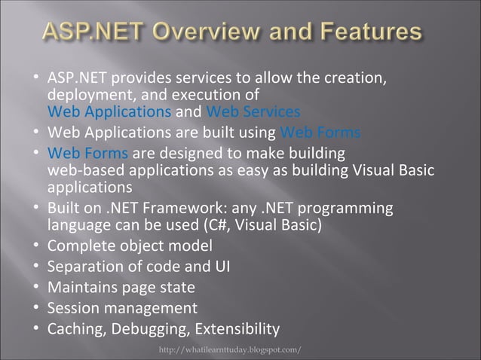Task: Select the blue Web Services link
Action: coord(253,113)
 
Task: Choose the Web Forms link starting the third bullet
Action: coord(87,154)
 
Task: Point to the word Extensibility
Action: coord(237,329)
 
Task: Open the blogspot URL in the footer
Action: coord(231,350)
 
